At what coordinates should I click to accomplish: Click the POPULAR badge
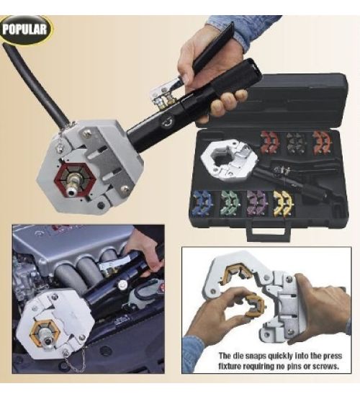pos(25,30)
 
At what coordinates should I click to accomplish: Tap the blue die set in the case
pos(202,203)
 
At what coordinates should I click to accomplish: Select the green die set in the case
pos(230,203)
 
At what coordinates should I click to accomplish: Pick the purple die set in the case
pos(258,203)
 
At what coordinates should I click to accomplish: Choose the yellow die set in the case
pos(284,203)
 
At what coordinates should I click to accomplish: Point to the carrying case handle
pos(269,232)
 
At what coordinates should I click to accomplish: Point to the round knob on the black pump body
pos(166,122)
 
